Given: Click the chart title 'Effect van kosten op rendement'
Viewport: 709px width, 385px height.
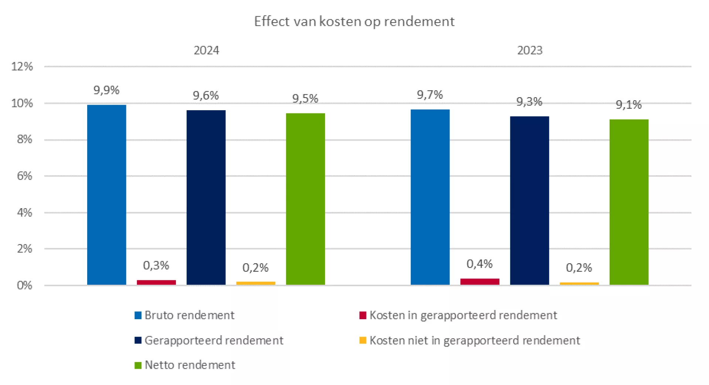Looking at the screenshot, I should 354,21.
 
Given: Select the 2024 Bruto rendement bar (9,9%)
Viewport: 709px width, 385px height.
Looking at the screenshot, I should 106,195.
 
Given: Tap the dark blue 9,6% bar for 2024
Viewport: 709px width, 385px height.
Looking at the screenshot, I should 206,197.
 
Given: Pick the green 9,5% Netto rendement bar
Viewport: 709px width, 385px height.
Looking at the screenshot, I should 305,199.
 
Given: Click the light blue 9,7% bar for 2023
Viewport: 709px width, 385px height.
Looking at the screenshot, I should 430,197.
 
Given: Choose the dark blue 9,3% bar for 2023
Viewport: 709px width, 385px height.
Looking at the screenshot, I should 529,200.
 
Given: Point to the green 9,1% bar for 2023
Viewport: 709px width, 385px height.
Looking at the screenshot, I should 629,202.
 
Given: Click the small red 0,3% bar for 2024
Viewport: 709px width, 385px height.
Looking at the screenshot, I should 156,283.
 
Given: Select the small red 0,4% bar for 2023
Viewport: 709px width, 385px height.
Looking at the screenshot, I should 480,281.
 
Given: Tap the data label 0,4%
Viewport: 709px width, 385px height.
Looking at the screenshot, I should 480,264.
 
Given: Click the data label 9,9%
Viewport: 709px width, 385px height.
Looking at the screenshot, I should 106,90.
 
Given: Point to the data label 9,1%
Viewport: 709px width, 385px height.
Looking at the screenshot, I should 628,105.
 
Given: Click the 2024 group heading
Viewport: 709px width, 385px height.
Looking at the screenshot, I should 206,50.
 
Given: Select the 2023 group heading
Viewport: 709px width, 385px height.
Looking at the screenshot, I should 529,50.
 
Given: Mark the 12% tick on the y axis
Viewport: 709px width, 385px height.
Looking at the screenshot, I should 22,67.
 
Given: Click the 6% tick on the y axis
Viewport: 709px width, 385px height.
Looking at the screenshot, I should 24,176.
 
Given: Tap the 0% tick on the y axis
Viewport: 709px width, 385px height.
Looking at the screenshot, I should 24,286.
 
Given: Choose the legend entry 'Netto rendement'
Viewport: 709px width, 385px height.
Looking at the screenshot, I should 190,365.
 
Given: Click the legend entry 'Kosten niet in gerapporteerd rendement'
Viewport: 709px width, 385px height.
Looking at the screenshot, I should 474,340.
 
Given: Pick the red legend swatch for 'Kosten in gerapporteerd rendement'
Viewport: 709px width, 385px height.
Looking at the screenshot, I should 363,315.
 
